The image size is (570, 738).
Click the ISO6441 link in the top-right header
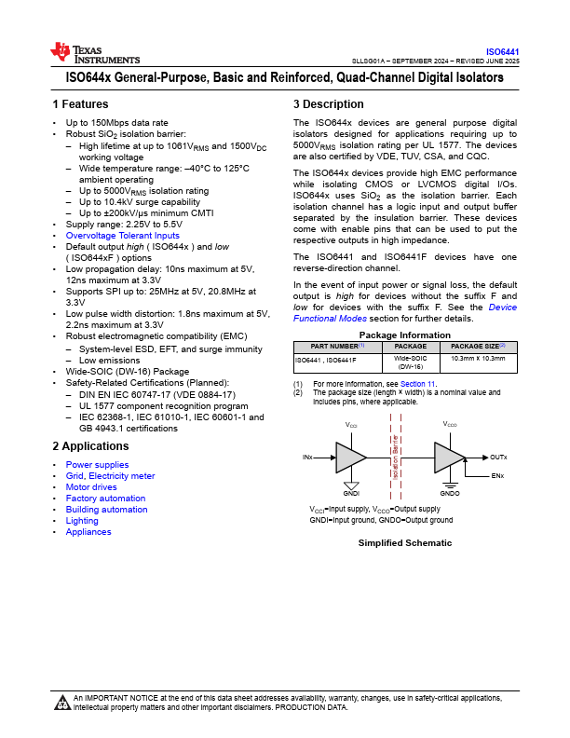click(x=502, y=51)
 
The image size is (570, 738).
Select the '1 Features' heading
click(x=80, y=104)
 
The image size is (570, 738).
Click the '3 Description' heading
click(x=328, y=104)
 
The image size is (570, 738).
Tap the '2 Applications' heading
click(x=90, y=446)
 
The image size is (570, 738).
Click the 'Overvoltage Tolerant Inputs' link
click(x=122, y=236)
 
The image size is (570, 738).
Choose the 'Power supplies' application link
click(x=97, y=465)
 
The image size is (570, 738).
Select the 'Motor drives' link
click(x=91, y=487)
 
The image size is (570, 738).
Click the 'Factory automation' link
click(x=105, y=499)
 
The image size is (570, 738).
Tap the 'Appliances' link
click(x=88, y=532)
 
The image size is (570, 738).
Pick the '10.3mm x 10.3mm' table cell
click(x=478, y=358)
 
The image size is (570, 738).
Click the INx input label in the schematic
click(x=307, y=458)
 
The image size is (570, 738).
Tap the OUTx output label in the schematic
click(x=498, y=458)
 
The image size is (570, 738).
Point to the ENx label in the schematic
click(x=497, y=476)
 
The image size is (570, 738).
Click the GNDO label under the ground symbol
click(x=450, y=493)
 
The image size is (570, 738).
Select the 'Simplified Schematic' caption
click(x=405, y=542)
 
